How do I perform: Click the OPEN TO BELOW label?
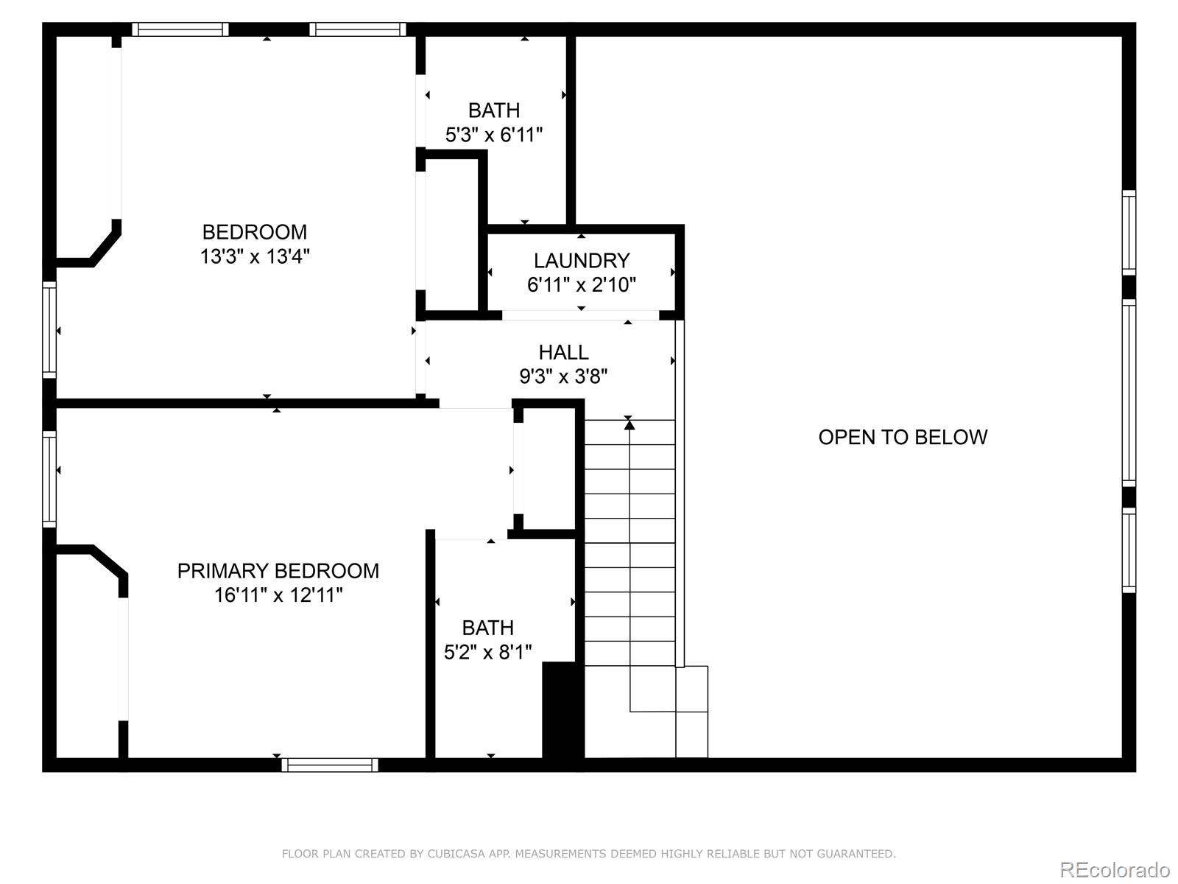pyautogui.click(x=903, y=437)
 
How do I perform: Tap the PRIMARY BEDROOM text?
pyautogui.click(x=278, y=571)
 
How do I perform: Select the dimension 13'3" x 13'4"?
pyautogui.click(x=255, y=256)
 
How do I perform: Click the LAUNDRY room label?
pyautogui.click(x=581, y=260)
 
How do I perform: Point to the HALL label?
pyautogui.click(x=563, y=352)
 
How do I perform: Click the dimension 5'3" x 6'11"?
pyautogui.click(x=494, y=135)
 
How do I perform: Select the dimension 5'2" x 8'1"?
pyautogui.click(x=487, y=652)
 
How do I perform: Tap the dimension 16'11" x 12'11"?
pyautogui.click(x=278, y=595)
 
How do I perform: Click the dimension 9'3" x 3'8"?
pyautogui.click(x=563, y=376)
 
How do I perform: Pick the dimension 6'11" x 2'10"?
pyautogui.click(x=581, y=284)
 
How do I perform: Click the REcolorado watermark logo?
pyautogui.click(x=1115, y=869)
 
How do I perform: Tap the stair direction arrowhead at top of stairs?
pyautogui.click(x=629, y=424)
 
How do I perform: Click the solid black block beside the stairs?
pyautogui.click(x=562, y=709)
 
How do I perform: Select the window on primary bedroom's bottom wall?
pyautogui.click(x=330, y=765)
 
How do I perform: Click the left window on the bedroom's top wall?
pyautogui.click(x=180, y=29)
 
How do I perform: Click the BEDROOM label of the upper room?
pyautogui.click(x=255, y=232)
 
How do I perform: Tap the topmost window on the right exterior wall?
pyautogui.click(x=1129, y=233)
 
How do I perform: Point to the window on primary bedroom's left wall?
pyautogui.click(x=49, y=479)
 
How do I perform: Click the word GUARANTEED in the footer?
pyautogui.click(x=857, y=854)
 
